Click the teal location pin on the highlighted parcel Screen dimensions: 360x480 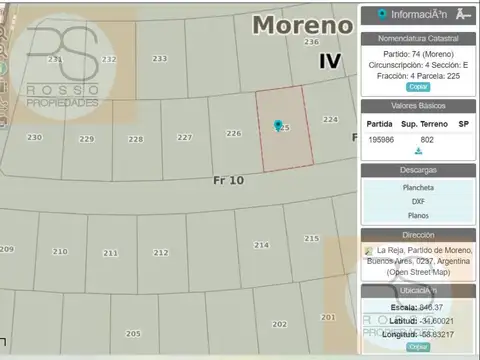click(278, 126)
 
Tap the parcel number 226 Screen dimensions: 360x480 click(234, 133)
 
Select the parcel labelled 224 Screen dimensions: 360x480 click(330, 119)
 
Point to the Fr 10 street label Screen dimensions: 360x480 click(228, 180)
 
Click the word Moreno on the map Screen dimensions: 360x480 click(297, 24)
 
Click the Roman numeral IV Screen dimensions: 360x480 click(330, 60)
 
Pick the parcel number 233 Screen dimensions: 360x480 click(160, 59)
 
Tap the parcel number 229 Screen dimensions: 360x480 click(87, 139)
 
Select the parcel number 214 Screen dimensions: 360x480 click(262, 244)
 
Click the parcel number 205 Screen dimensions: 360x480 click(133, 332)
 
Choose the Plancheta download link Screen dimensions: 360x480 click(417, 187)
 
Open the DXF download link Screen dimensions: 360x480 click(417, 201)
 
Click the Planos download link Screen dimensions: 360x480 click(417, 215)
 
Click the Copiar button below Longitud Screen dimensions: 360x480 click(418, 346)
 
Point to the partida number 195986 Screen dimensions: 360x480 click(381, 139)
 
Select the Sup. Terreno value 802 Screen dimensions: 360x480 click(427, 139)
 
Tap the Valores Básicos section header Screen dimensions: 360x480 click(417, 105)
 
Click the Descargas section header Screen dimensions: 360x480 click(417, 170)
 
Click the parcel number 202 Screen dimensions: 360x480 click(279, 324)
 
